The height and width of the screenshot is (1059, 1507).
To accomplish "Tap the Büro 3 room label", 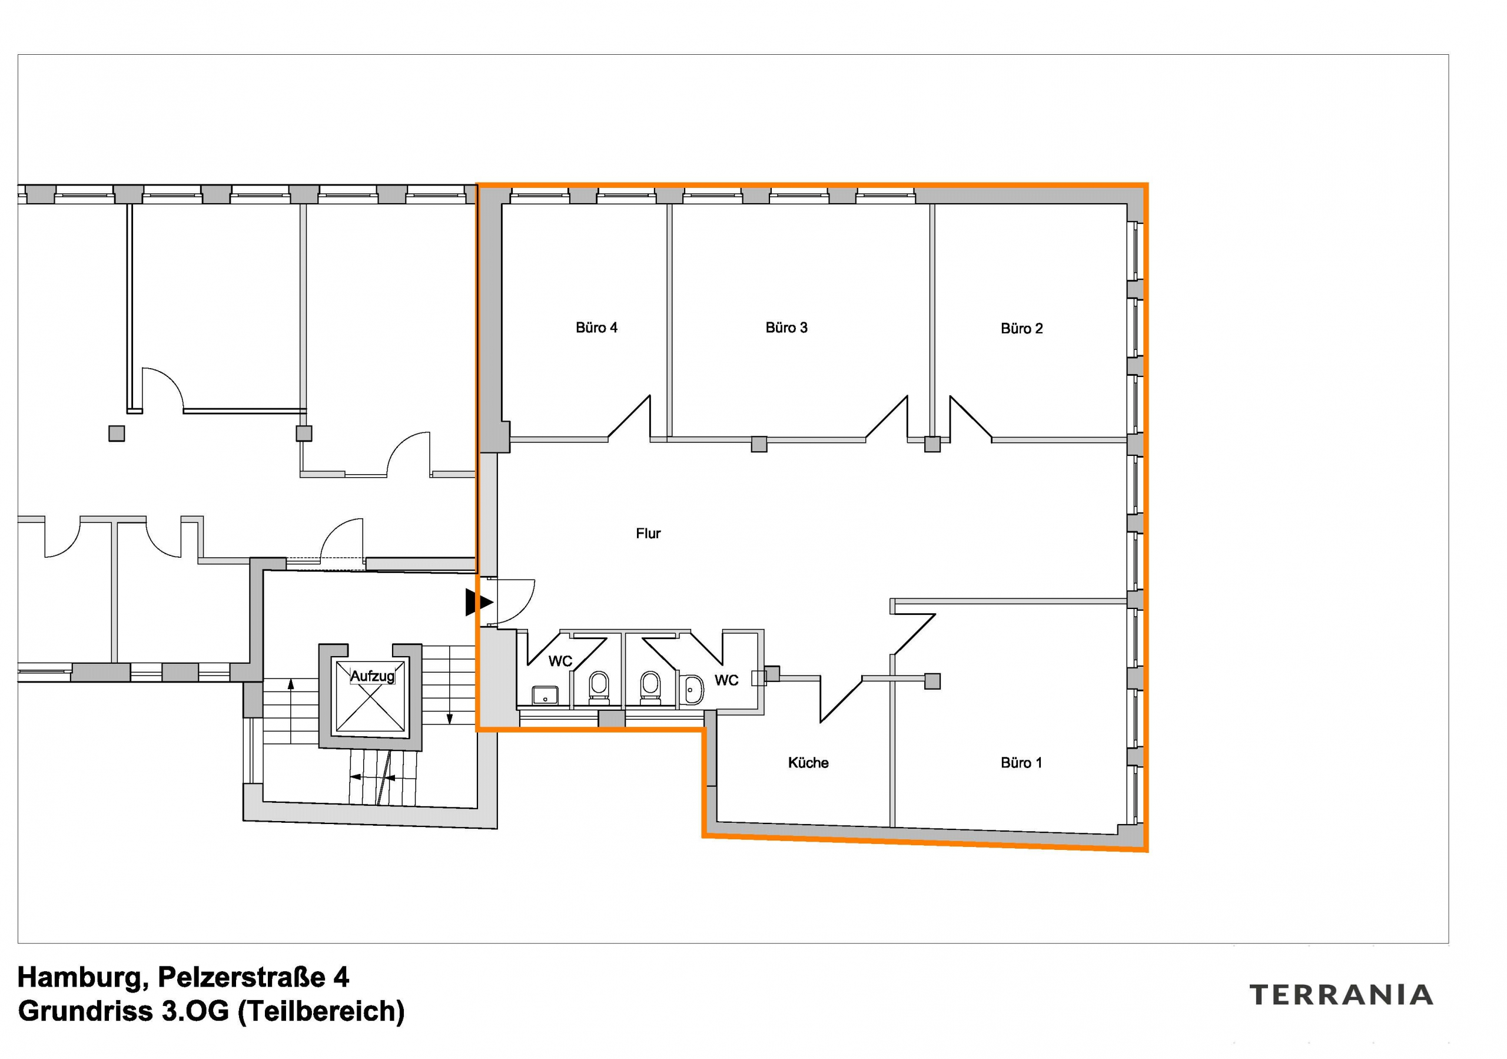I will click(786, 327).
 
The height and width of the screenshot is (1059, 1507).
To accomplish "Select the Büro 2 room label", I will click(1021, 328).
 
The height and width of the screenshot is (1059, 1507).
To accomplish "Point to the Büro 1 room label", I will click(1021, 762).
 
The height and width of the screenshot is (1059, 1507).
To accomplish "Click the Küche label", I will click(808, 762).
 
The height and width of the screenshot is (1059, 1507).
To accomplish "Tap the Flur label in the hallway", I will click(648, 534).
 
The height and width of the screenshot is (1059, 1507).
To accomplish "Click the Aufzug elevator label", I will click(372, 676).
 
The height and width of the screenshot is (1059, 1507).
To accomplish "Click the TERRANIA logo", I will click(1341, 995).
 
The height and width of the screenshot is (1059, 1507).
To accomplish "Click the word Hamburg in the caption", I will click(79, 978).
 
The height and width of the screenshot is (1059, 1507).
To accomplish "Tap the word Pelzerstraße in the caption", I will click(241, 978).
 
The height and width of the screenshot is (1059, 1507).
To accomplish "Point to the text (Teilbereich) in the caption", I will click(321, 1012).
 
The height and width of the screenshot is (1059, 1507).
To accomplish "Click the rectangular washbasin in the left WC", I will click(545, 695).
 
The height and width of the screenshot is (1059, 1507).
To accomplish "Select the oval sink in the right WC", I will click(692, 689).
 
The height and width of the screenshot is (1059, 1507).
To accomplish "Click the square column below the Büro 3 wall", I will click(759, 445).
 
